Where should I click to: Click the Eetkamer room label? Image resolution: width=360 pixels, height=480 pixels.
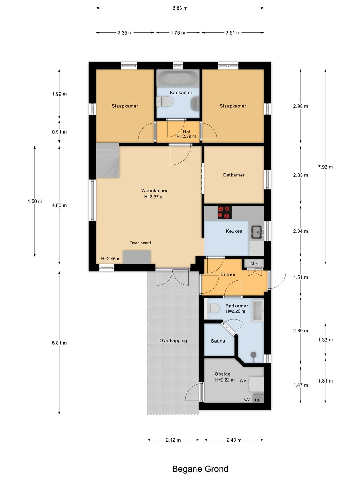click(x=234, y=175)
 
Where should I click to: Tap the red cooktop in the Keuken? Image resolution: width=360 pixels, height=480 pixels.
click(x=225, y=212)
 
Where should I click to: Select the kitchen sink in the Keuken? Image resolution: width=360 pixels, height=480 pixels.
click(x=257, y=232)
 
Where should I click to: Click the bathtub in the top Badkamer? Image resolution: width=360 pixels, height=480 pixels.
click(x=178, y=78)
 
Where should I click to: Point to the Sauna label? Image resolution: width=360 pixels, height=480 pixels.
click(x=218, y=341)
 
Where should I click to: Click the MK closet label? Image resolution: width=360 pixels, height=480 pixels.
click(x=254, y=263)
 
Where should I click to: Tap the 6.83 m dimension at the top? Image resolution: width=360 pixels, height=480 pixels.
click(x=180, y=8)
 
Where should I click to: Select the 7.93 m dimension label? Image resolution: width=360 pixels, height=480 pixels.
click(x=325, y=167)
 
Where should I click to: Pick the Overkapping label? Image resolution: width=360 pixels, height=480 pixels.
click(x=173, y=340)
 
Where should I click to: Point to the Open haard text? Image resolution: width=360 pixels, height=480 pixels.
click(x=140, y=243)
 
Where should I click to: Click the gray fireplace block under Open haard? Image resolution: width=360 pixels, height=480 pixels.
click(x=137, y=257)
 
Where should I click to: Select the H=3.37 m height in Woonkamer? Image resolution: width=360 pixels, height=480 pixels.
click(x=154, y=197)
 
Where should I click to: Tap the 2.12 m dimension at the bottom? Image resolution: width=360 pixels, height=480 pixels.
click(x=173, y=440)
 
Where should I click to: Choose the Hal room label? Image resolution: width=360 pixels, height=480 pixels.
click(x=186, y=131)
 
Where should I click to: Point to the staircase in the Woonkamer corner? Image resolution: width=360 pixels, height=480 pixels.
click(x=108, y=160)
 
